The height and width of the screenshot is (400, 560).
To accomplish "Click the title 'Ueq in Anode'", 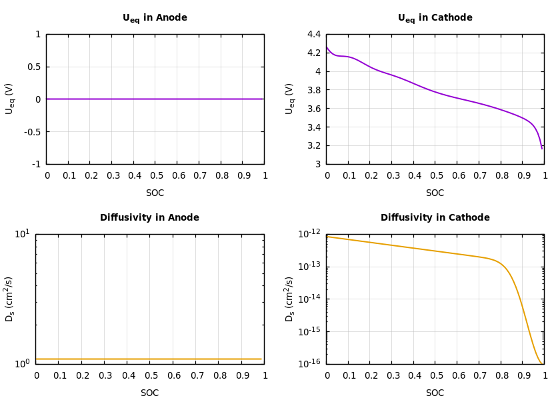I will [155, 18].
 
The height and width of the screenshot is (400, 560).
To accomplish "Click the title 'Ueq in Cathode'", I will [435, 18].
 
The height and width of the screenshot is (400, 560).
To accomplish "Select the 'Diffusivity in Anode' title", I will [149, 218].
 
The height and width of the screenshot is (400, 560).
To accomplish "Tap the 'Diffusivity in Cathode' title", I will [435, 218].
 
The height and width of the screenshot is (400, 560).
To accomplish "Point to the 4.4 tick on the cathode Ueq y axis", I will [313, 34].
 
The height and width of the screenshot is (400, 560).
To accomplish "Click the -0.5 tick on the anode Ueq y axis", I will [33, 131].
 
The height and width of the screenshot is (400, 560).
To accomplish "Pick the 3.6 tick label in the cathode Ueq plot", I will [313, 109].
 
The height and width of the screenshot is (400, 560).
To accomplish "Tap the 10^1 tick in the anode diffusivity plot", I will [22, 233].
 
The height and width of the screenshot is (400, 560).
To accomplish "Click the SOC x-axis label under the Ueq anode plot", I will [155, 193].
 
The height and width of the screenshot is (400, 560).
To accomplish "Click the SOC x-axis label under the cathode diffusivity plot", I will [435, 393].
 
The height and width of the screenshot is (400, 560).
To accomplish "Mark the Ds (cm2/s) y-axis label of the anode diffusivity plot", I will [10, 299].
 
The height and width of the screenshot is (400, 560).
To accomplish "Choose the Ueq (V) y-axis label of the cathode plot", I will [290, 99].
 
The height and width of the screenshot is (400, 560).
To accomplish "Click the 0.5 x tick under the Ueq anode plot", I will [155, 176].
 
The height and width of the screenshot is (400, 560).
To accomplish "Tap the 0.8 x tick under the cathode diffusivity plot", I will [501, 376].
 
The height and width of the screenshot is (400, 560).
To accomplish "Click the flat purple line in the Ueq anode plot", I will [155, 99].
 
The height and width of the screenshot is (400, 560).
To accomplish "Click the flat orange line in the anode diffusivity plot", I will [149, 359].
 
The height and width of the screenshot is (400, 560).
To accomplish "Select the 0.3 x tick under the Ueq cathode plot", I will [392, 176].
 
